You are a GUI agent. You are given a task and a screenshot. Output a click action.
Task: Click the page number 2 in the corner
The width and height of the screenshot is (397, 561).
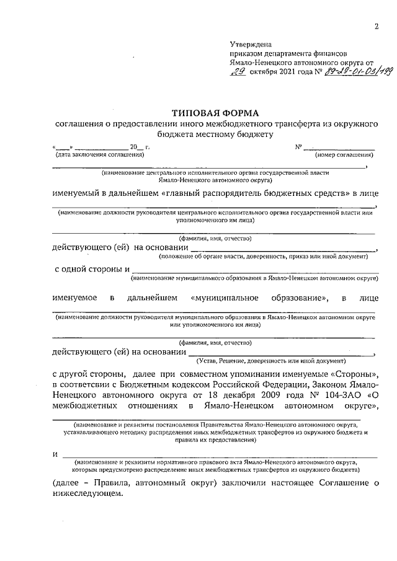click(376, 27)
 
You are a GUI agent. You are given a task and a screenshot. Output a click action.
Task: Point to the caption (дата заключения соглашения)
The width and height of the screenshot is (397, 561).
click(91, 154)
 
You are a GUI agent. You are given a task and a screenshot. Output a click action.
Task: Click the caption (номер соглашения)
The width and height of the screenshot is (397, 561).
click(346, 154)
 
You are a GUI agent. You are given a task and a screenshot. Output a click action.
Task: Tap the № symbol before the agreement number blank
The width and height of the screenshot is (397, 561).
click(298, 147)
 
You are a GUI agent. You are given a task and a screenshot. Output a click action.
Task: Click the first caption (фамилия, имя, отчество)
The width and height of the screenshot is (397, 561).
click(215, 238)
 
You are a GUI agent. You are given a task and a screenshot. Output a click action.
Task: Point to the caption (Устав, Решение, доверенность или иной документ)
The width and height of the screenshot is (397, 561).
click(269, 360)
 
